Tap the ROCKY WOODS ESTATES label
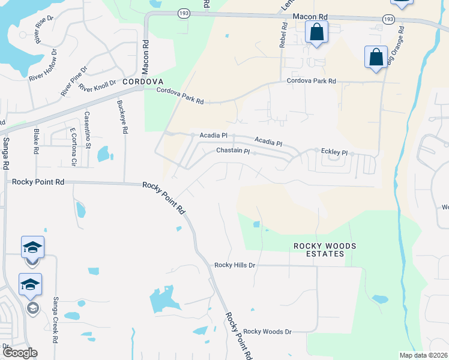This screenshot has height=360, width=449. (319, 250)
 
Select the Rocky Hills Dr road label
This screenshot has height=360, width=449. (235, 265)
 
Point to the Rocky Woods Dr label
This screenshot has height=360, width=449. (267, 331)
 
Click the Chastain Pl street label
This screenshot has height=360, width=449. (232, 151)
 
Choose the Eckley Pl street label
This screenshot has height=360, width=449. (334, 152)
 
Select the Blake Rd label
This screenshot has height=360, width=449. (36, 142)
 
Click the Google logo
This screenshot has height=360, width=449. (19, 353)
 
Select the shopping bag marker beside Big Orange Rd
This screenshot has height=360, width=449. (376, 58)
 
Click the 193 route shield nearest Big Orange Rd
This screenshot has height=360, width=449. (389, 20)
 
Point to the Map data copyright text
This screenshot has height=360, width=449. (423, 355)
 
